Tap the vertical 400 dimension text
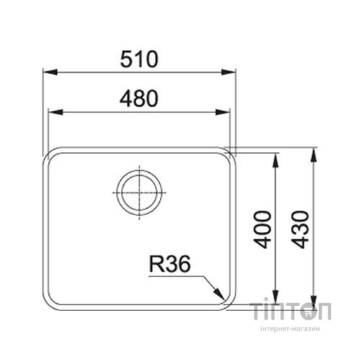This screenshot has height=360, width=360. click(x=264, y=229)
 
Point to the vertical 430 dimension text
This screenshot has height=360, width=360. click(x=301, y=229)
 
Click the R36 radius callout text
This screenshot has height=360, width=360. click(x=169, y=266)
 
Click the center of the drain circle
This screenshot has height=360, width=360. click(x=140, y=193)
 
